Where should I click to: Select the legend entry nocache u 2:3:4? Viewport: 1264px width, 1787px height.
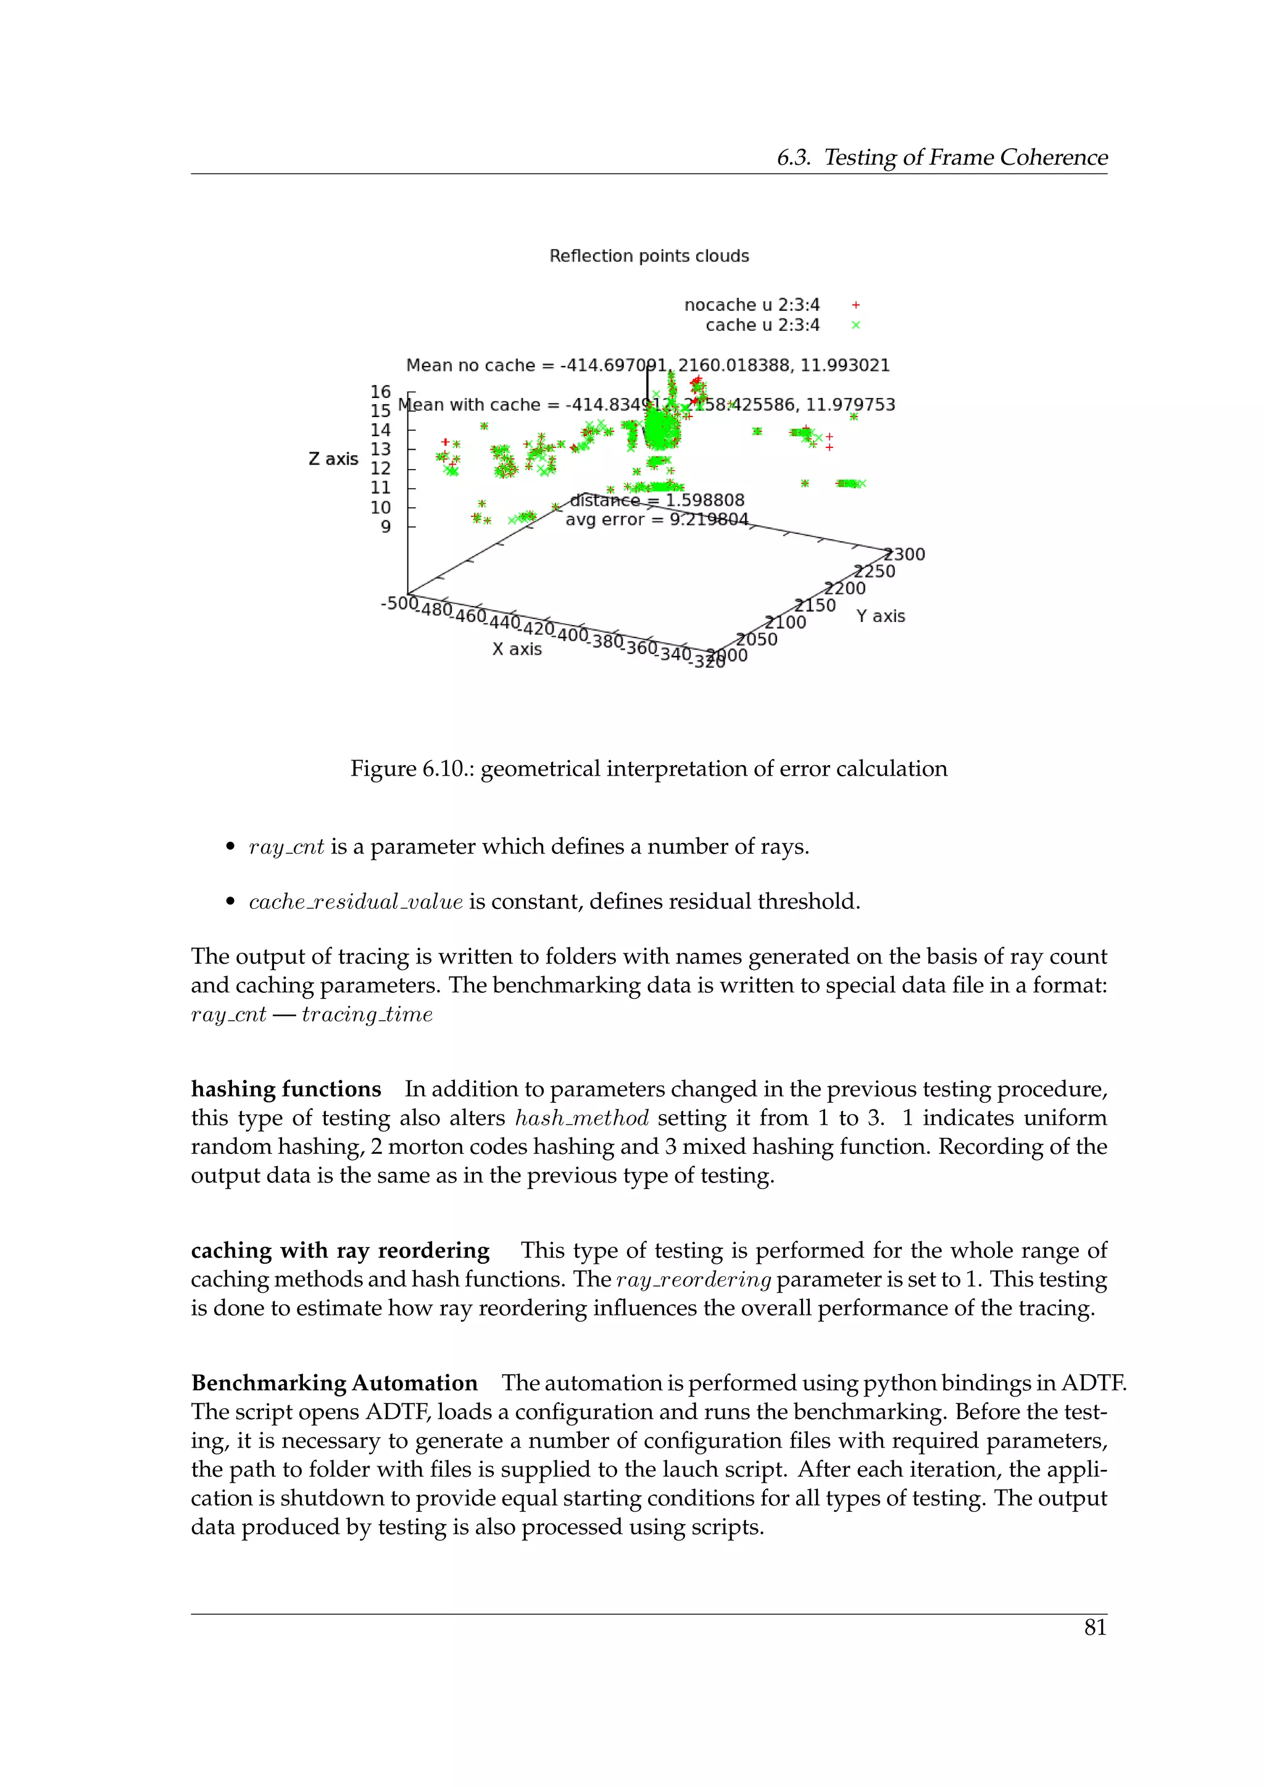pos(751,305)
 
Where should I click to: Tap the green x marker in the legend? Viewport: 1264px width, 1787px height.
pos(855,325)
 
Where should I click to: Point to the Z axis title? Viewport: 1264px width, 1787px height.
pos(333,459)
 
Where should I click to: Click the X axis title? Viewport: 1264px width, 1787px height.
pos(517,649)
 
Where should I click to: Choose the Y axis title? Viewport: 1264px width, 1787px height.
pos(880,616)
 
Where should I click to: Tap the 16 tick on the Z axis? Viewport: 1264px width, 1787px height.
pos(381,391)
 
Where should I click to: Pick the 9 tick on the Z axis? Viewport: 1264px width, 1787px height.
pos(385,527)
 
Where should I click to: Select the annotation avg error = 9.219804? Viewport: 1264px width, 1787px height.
pos(656,520)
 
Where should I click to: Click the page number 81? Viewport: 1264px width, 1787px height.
pos(1094,1627)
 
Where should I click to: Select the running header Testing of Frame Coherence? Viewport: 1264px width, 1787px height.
pos(965,158)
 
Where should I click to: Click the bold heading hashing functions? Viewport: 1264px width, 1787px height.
pos(286,1089)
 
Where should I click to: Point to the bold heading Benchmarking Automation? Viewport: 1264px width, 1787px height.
pos(334,1383)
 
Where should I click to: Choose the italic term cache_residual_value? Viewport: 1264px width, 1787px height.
pos(355,902)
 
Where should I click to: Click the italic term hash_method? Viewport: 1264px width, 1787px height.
pos(581,1119)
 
